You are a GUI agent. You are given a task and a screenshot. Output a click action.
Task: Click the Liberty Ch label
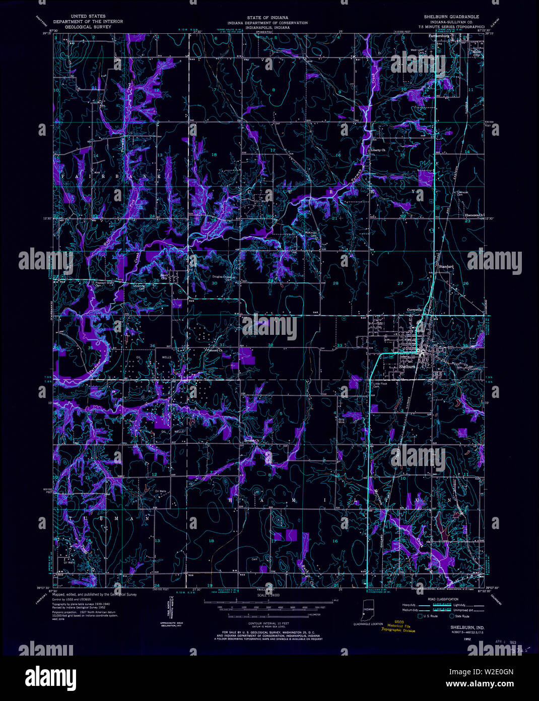[x=378, y=150]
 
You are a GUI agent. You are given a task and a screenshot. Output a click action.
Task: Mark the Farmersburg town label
[x=439, y=37]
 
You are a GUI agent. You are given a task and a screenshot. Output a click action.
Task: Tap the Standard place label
[x=446, y=266]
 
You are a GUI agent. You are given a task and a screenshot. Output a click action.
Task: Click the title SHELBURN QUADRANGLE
[x=451, y=17]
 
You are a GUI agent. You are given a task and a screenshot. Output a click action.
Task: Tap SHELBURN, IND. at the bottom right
[x=450, y=627]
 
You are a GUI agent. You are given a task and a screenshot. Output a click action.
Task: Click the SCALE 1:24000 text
[x=267, y=596]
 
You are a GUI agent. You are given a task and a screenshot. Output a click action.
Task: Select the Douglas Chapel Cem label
[x=225, y=277]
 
